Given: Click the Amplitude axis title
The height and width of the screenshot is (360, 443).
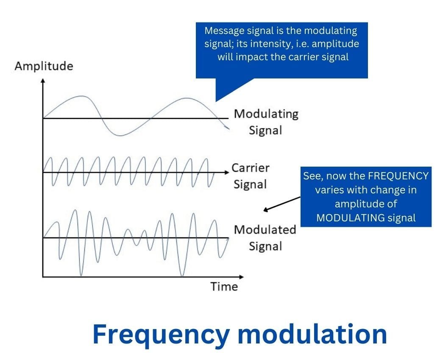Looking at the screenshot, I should (x=44, y=67).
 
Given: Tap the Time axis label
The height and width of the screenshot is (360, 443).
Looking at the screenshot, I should (x=224, y=287).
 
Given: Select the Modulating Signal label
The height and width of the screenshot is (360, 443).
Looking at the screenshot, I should (x=266, y=122).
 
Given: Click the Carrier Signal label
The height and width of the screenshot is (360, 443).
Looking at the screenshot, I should (x=250, y=176).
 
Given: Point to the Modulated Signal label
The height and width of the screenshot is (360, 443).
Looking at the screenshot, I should (x=265, y=237).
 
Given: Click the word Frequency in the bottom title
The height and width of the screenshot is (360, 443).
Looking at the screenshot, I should (x=159, y=334).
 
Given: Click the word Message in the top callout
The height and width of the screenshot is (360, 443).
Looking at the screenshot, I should (x=220, y=31).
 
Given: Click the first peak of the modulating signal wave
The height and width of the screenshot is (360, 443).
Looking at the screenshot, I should (x=81, y=97).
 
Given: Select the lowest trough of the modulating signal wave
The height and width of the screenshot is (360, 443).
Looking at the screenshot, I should (x=120, y=135).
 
